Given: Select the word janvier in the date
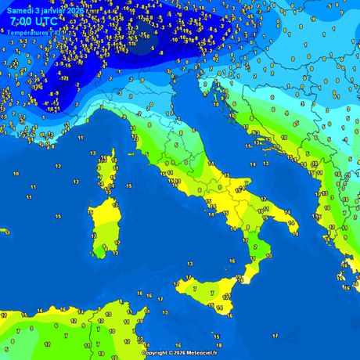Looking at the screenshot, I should pyautogui.click(x=55, y=11).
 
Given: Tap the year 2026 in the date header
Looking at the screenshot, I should pyautogui.click(x=76, y=11).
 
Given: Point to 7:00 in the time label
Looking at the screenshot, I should pyautogui.click(x=21, y=22).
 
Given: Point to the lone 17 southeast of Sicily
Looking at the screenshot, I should pyautogui.click(x=275, y=335).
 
